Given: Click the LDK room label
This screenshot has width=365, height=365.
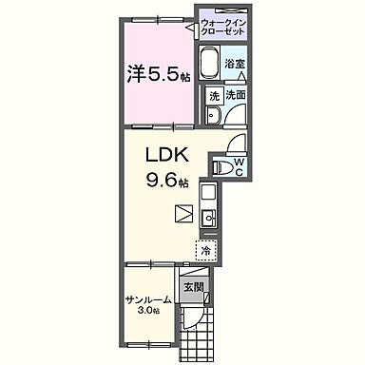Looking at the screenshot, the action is (x=167, y=155).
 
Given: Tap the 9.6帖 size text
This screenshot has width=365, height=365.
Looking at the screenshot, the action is (x=167, y=181).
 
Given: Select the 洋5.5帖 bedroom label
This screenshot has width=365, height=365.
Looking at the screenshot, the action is (x=159, y=74).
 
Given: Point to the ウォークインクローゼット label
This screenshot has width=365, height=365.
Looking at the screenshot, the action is (x=223, y=28).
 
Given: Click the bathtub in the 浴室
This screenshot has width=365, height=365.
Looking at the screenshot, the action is (x=209, y=64).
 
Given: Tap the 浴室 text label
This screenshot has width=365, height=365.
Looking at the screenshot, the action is (x=235, y=64).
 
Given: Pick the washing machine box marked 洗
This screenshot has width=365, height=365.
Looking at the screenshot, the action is (x=214, y=96).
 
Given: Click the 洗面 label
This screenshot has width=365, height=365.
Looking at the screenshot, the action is (x=236, y=95).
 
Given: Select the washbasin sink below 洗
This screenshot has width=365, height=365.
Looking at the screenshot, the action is (x=212, y=116).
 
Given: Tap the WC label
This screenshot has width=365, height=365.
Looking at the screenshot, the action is (x=240, y=167).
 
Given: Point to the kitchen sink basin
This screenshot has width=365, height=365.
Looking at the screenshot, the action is (x=208, y=218).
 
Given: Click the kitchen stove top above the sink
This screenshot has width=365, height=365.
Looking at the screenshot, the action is (x=208, y=194).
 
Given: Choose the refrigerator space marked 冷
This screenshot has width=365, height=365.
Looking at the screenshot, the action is (x=206, y=251).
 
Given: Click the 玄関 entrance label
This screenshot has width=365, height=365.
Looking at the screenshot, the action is (x=194, y=287).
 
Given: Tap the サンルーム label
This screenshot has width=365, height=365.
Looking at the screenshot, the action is (x=148, y=299).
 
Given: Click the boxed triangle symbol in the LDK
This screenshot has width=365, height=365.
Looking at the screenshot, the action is (x=184, y=215).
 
